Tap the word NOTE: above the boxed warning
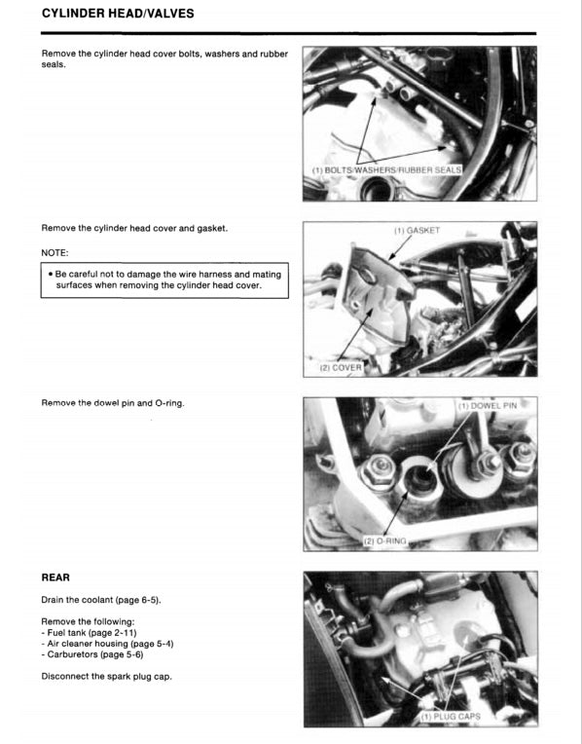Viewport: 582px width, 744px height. pos(57,250)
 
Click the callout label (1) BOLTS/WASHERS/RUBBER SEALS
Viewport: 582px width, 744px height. pos(385,169)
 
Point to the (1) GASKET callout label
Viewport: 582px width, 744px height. pos(417,231)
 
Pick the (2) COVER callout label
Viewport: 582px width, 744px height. pos(341,368)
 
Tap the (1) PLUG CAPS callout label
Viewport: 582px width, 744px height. pos(451,716)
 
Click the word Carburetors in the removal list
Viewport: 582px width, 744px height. pos(71,655)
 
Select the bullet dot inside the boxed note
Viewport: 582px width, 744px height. pos(50,275)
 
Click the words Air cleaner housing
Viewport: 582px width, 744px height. pos(86,644)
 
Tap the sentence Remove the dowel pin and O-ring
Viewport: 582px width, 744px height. pos(112,403)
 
